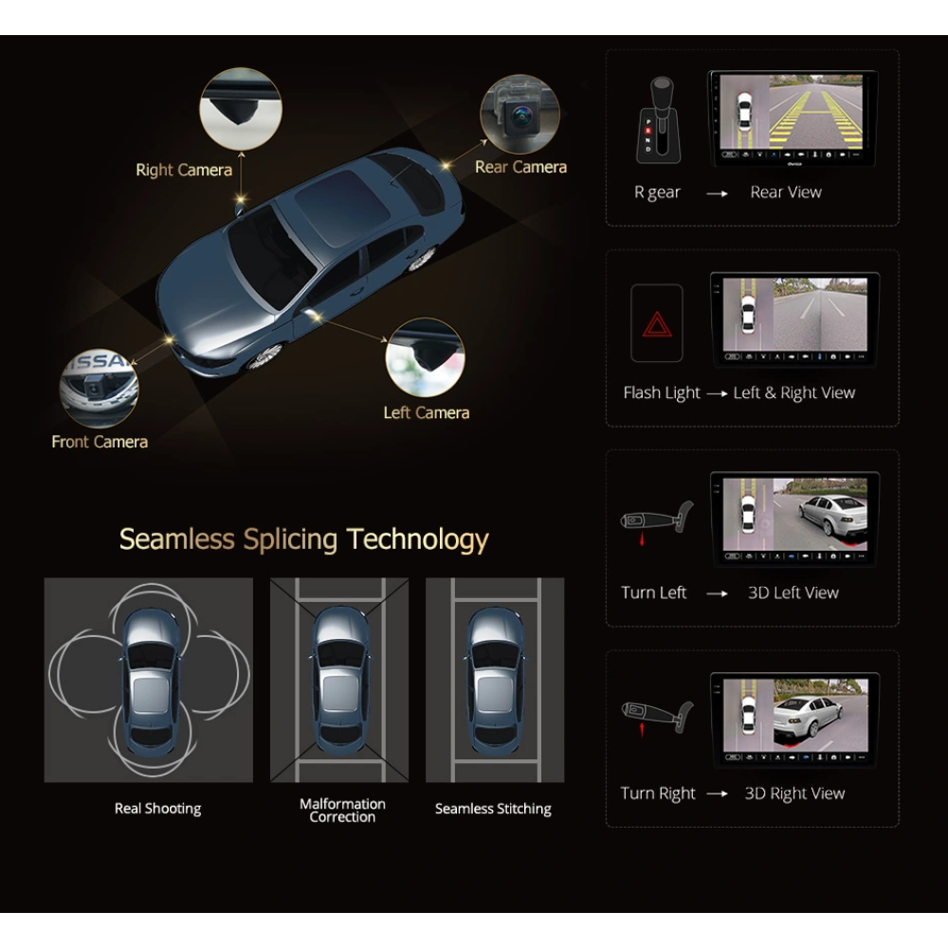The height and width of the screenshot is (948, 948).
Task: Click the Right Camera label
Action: point(184,170)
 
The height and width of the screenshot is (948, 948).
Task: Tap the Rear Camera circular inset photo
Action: point(520,115)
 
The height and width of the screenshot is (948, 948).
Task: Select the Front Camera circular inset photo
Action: point(99,388)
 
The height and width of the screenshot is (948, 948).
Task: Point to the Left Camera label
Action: point(427,412)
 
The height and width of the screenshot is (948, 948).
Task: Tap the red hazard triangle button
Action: point(657,323)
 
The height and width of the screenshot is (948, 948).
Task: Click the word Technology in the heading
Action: point(417,539)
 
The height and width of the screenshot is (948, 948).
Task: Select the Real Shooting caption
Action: point(157,809)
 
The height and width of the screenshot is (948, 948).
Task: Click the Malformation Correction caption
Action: point(342,811)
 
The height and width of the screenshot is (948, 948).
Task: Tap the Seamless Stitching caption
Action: point(493,809)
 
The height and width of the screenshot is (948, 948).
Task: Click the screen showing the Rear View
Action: point(792,118)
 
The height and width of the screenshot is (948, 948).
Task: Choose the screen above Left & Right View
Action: point(794,319)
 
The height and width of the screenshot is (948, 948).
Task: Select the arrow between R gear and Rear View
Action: point(717,193)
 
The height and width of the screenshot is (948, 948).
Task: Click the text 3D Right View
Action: point(794,793)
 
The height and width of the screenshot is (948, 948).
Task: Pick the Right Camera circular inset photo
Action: point(241,109)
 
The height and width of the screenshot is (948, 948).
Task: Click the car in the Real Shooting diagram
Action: point(151,679)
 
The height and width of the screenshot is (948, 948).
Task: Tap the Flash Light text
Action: point(662,393)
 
